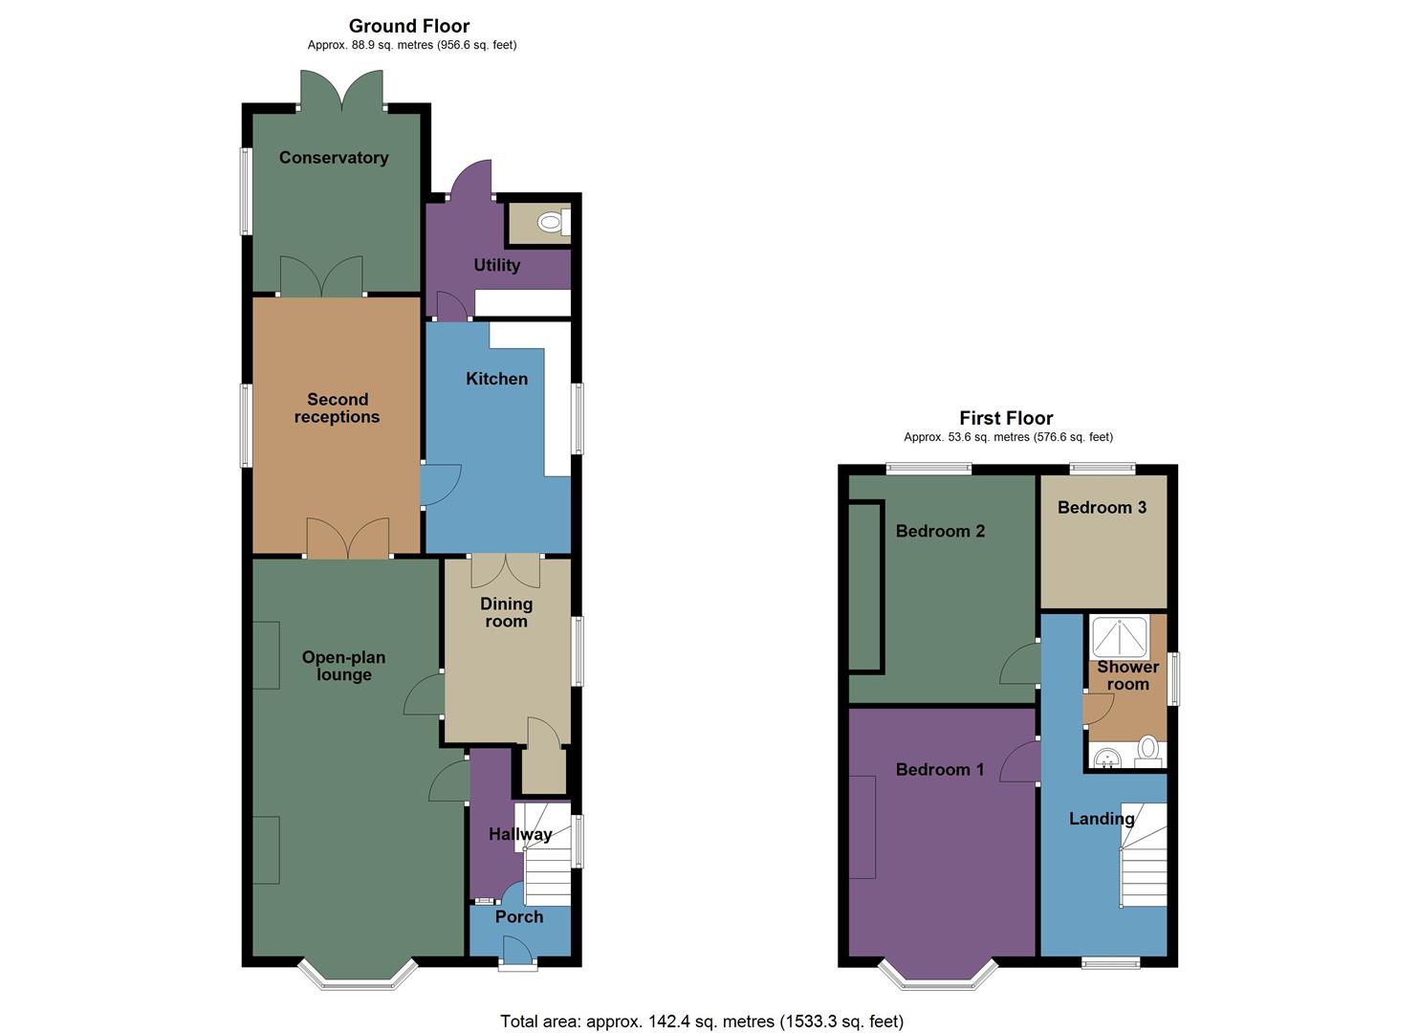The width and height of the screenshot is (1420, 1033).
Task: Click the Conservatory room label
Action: tap(334, 158)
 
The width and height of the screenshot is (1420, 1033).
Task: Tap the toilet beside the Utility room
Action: tap(550, 223)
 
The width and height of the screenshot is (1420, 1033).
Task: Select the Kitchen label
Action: tap(496, 379)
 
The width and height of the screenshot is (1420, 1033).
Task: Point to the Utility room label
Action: tap(497, 265)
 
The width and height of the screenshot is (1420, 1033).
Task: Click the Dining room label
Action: tap(506, 612)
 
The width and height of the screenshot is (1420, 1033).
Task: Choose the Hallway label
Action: tap(520, 834)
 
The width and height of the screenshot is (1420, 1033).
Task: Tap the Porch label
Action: tap(519, 916)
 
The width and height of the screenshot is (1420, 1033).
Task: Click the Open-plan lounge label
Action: tap(343, 666)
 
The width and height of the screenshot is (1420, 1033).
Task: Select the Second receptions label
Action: tap(337, 408)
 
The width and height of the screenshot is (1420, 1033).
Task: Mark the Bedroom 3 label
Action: tap(1102, 507)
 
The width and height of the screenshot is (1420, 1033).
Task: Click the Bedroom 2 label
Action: tap(940, 531)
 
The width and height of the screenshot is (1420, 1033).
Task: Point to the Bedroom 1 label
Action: tap(939, 769)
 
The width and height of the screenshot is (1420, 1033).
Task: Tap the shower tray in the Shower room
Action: tap(1119, 637)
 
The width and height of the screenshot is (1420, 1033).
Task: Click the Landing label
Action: tap(1102, 819)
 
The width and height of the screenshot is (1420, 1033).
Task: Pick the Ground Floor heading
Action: tap(409, 26)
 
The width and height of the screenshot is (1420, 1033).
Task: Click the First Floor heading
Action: tap(1006, 418)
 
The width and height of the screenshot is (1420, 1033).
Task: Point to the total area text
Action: tap(701, 1022)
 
